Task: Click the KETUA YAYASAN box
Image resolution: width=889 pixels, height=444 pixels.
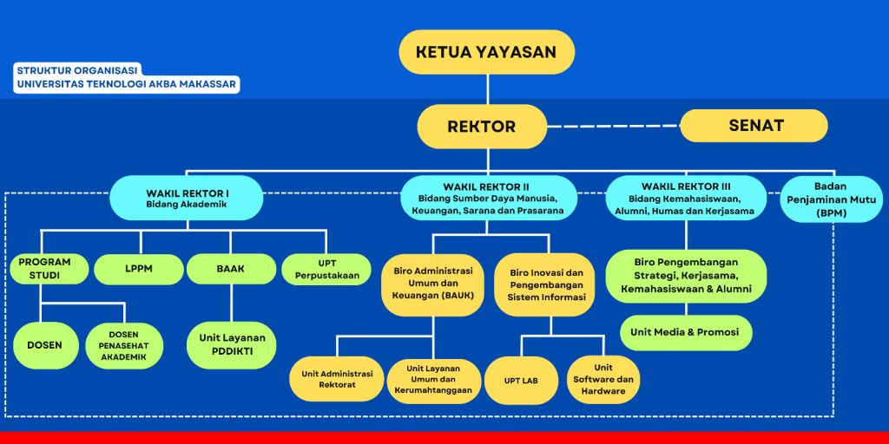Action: [x=486, y=51]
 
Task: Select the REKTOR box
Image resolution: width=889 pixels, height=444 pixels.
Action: [x=481, y=127]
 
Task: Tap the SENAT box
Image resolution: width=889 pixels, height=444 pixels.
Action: [x=754, y=126]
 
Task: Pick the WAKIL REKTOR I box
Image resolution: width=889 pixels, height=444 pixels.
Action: [x=186, y=198]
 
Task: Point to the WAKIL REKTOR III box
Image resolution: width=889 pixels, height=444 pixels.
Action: [x=686, y=198]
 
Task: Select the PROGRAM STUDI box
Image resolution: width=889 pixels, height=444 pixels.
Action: [x=44, y=269]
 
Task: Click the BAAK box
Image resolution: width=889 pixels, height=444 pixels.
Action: [x=230, y=269]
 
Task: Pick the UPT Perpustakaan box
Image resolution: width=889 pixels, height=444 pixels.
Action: [x=326, y=269]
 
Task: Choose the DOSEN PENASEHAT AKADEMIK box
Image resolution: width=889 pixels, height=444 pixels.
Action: [x=124, y=345]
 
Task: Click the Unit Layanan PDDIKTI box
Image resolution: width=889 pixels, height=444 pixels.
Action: [x=231, y=344]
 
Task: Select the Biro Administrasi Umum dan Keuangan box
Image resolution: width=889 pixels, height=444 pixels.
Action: [x=432, y=284]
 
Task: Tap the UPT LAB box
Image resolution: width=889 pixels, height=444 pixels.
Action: [x=521, y=380]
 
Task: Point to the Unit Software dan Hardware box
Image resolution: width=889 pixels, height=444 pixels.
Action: [x=603, y=379]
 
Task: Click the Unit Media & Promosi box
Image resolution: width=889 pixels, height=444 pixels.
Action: [x=686, y=332]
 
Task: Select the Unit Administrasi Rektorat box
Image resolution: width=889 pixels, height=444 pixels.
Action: [x=337, y=379]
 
